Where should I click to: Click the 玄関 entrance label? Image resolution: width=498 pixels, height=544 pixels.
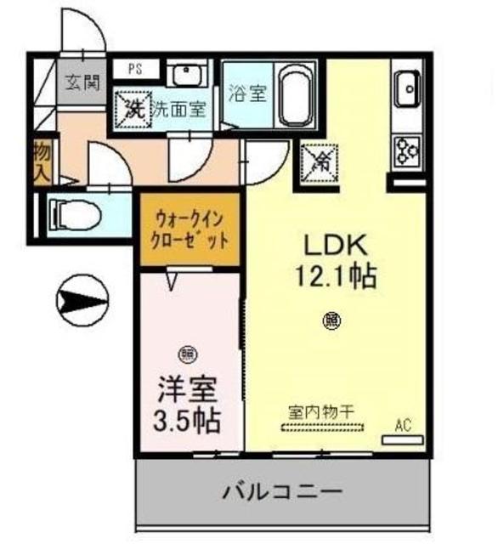[82, 83]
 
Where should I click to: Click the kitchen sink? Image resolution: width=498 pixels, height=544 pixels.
[407, 87]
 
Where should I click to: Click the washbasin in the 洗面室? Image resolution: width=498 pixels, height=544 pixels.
[184, 75]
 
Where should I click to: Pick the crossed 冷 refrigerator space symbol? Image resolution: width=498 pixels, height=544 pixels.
[320, 162]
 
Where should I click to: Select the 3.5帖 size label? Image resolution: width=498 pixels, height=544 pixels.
[189, 419]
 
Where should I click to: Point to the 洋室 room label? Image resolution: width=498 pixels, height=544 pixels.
[189, 389]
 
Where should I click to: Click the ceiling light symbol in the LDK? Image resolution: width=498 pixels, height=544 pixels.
[332, 320]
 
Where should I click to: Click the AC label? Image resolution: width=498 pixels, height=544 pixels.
[402, 424]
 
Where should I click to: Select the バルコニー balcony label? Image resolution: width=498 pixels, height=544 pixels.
[283, 492]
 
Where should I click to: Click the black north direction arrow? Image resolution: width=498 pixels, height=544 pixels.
[81, 299]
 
